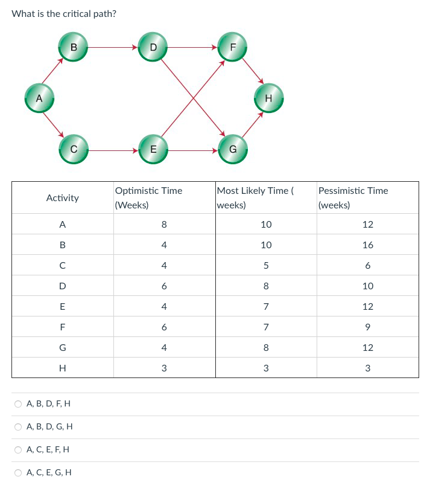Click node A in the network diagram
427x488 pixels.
click(x=39, y=97)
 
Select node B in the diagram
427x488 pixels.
click(x=74, y=47)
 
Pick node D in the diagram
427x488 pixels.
click(x=153, y=47)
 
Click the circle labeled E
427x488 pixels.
click(x=153, y=149)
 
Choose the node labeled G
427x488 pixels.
click(x=232, y=149)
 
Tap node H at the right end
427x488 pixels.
click(x=268, y=97)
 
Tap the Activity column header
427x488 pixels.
click(x=63, y=197)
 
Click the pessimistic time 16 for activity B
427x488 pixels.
click(x=368, y=245)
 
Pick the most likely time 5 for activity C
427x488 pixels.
click(x=266, y=266)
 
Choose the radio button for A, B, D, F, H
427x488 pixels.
click(x=19, y=403)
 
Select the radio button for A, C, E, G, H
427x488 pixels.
click(x=19, y=472)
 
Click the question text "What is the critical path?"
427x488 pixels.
click(x=64, y=13)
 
